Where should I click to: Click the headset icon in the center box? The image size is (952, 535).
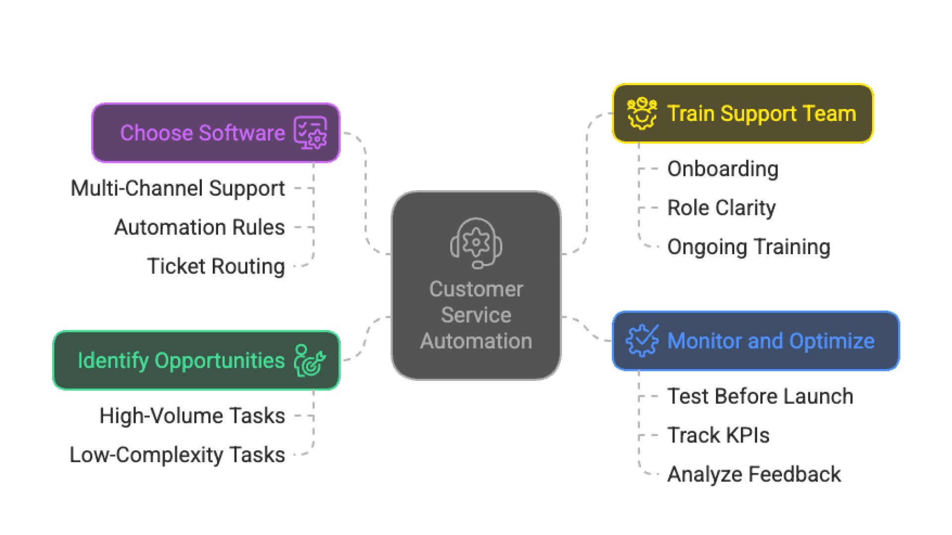click(x=476, y=243)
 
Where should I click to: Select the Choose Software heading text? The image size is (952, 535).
click(x=202, y=133)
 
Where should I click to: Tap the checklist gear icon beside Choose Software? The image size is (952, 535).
click(x=310, y=133)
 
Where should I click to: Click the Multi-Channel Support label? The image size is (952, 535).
click(x=178, y=188)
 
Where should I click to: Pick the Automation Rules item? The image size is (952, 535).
click(x=199, y=227)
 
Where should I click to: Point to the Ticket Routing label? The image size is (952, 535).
click(x=216, y=267)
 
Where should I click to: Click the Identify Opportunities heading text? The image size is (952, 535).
click(x=181, y=361)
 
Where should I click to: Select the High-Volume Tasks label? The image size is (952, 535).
click(x=192, y=416)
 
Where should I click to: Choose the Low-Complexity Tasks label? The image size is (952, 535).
click(x=177, y=455)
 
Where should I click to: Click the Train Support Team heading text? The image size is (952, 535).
click(x=762, y=113)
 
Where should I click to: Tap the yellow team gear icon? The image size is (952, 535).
click(x=642, y=113)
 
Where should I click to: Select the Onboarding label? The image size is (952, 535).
click(x=722, y=169)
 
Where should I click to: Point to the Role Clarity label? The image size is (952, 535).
click(x=721, y=208)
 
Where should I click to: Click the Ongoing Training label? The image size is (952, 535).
click(x=749, y=247)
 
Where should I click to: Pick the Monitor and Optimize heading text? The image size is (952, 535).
click(x=771, y=341)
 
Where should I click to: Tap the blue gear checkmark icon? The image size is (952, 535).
click(x=642, y=341)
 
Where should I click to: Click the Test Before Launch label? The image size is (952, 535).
click(x=760, y=396)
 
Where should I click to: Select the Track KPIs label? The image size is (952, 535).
click(x=718, y=435)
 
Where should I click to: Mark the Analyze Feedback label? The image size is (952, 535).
click(x=754, y=475)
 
